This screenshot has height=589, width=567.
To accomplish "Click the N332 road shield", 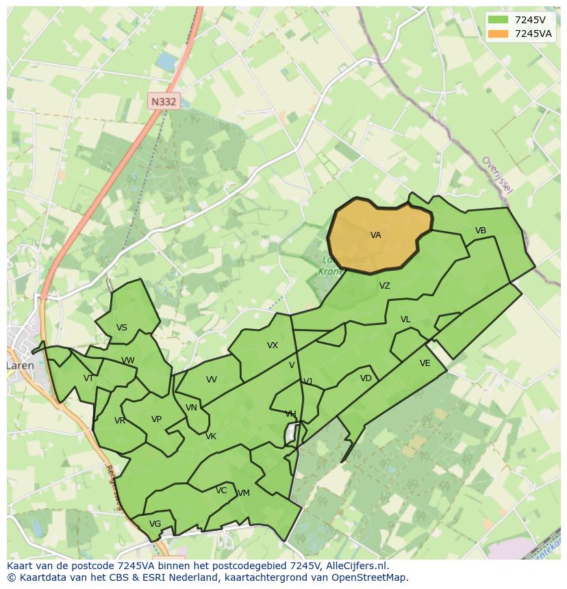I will pos(164,101).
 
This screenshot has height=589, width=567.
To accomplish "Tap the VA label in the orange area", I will pos(375,235).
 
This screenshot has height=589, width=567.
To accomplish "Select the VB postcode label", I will pos(481,231).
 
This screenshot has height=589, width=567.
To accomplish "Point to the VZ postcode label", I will pos(385,286).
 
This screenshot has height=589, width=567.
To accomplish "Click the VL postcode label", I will pos(405,319).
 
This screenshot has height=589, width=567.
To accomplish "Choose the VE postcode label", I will pos(425,363).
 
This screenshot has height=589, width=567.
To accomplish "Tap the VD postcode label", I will pos(366,378).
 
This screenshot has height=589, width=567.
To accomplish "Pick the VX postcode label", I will pos(273,345).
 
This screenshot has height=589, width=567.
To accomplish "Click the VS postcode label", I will pos(122,328).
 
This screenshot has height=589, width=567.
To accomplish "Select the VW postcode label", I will pos(128,361).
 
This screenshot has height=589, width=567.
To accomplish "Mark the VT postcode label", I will pos(88,378).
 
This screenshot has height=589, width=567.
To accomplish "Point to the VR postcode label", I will pos(120,421).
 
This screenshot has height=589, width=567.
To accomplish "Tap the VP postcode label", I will pos(156,419).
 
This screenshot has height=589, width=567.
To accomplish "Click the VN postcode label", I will pos(191,408).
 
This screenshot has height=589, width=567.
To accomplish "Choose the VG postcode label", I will pos(155,524).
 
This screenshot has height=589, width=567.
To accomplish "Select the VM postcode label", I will pos(243,493).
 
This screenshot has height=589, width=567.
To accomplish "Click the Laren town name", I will pos(21,365).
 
